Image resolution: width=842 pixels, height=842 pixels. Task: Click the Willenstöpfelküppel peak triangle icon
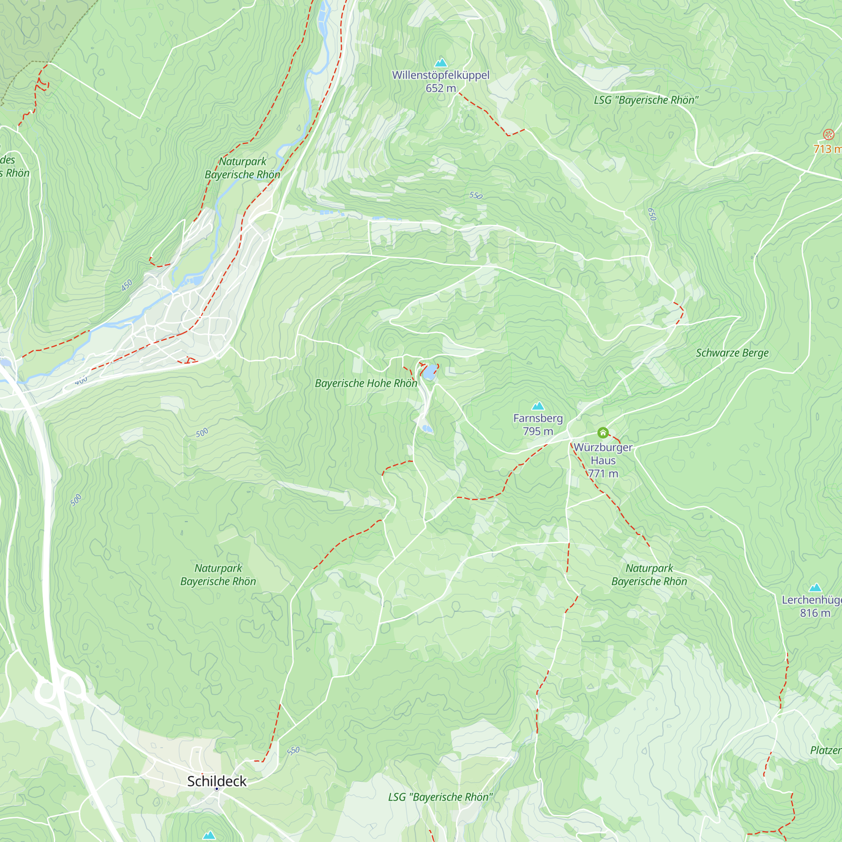pyautogui.click(x=441, y=63)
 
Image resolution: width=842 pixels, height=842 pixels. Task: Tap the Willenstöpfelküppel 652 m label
pyautogui.click(x=441, y=82)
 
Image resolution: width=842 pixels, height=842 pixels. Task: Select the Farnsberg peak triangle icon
pyautogui.click(x=538, y=406)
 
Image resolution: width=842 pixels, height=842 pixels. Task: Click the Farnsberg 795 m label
pyautogui.click(x=538, y=424)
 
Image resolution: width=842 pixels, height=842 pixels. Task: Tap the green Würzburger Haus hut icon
pyautogui.click(x=603, y=433)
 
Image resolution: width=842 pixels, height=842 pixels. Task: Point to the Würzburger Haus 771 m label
pyautogui.click(x=603, y=460)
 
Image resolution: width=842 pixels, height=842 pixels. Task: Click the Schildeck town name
pyautogui.click(x=216, y=781)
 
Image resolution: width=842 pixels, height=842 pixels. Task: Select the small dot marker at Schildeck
pyautogui.click(x=216, y=789)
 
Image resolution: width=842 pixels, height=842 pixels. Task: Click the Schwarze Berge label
pyautogui.click(x=732, y=353)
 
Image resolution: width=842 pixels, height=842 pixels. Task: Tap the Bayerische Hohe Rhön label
pyautogui.click(x=366, y=384)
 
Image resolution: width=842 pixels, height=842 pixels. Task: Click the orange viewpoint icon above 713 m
pyautogui.click(x=829, y=134)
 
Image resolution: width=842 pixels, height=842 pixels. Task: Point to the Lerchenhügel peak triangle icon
pyautogui.click(x=815, y=587)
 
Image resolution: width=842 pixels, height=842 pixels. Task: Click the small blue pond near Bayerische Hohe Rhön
pyautogui.click(x=430, y=372)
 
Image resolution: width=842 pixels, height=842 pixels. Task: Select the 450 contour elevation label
pyautogui.click(x=127, y=285)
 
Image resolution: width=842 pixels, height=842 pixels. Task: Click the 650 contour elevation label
pyautogui.click(x=652, y=214)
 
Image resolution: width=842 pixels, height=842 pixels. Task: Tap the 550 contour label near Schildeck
pyautogui.click(x=293, y=751)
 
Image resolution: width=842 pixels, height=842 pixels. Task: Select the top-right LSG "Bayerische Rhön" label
pyautogui.click(x=646, y=100)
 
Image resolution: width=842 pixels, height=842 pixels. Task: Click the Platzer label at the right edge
pyautogui.click(x=826, y=751)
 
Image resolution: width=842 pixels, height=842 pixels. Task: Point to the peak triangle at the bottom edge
pyautogui.click(x=209, y=835)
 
